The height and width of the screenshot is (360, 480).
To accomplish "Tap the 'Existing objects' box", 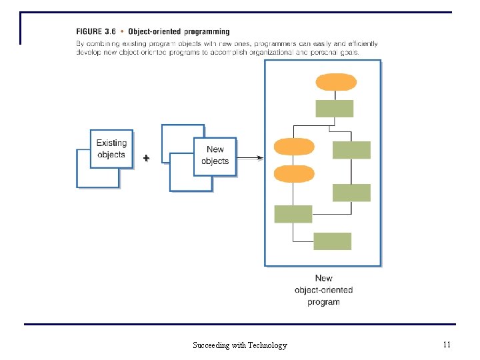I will [111, 149].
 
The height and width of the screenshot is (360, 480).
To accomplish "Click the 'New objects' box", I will [215, 156].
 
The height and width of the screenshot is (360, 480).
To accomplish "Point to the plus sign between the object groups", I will [146, 158].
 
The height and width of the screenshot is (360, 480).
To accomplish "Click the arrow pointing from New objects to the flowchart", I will [250, 158].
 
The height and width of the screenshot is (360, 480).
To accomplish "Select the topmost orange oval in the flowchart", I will [335, 82].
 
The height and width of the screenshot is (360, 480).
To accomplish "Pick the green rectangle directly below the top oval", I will [334, 108].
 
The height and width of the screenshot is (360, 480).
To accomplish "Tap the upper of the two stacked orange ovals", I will [294, 146].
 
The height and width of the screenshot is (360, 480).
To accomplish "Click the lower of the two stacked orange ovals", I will [294, 173].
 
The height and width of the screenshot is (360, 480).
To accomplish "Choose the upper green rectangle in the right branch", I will [351, 150].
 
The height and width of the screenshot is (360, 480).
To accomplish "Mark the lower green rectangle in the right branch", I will [351, 193].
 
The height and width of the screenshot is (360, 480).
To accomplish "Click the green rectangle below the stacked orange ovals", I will [293, 214].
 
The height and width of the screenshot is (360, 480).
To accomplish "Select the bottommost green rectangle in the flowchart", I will [332, 241].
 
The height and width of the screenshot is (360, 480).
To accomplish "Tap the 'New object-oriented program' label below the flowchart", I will [323, 290].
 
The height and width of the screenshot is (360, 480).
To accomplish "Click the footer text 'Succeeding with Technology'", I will [240, 345].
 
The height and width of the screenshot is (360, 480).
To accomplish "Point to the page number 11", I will [447, 345].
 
